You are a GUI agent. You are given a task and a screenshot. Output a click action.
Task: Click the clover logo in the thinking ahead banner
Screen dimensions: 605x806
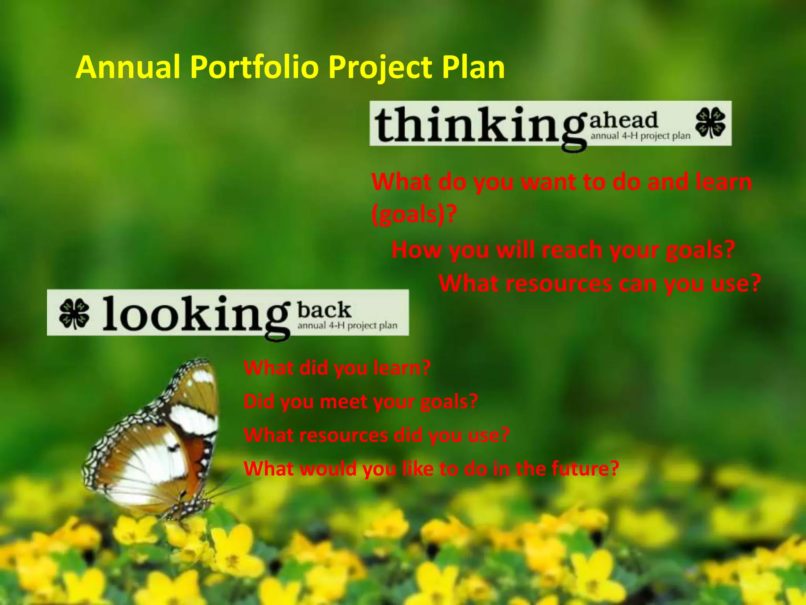tap(711, 123)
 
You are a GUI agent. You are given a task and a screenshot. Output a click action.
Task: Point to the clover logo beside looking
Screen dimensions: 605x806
tap(74, 313)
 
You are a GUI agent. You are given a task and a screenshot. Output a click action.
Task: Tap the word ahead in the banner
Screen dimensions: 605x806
tap(623, 120)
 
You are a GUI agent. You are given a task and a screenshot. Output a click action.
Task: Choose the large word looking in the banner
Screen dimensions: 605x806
tap(195, 315)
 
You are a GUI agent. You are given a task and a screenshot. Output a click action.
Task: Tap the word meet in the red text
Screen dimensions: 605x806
tap(344, 402)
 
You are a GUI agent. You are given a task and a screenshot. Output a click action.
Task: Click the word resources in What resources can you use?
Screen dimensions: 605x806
tap(559, 284)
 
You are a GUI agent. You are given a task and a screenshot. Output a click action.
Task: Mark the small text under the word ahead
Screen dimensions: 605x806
tap(640, 136)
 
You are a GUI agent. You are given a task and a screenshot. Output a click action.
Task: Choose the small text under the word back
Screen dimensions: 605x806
tap(347, 326)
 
